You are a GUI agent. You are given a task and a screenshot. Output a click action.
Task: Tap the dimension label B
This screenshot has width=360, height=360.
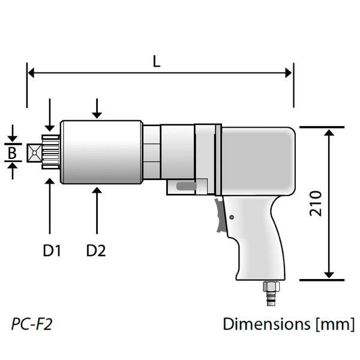pos(12,153)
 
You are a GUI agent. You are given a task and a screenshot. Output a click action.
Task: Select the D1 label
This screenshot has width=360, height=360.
pos(52,250)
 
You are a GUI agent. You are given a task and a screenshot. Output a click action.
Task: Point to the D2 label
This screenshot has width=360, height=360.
pos(96,250)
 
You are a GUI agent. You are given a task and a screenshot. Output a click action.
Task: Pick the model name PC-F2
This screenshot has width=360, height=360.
pos(32,325)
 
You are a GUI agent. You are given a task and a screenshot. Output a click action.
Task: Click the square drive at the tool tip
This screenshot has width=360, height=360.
pos(35,153)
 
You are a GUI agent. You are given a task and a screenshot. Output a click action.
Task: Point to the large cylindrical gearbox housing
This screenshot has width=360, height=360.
pos(102,153)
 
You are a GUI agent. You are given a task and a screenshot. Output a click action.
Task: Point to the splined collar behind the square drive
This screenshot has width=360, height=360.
pos(50,153)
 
